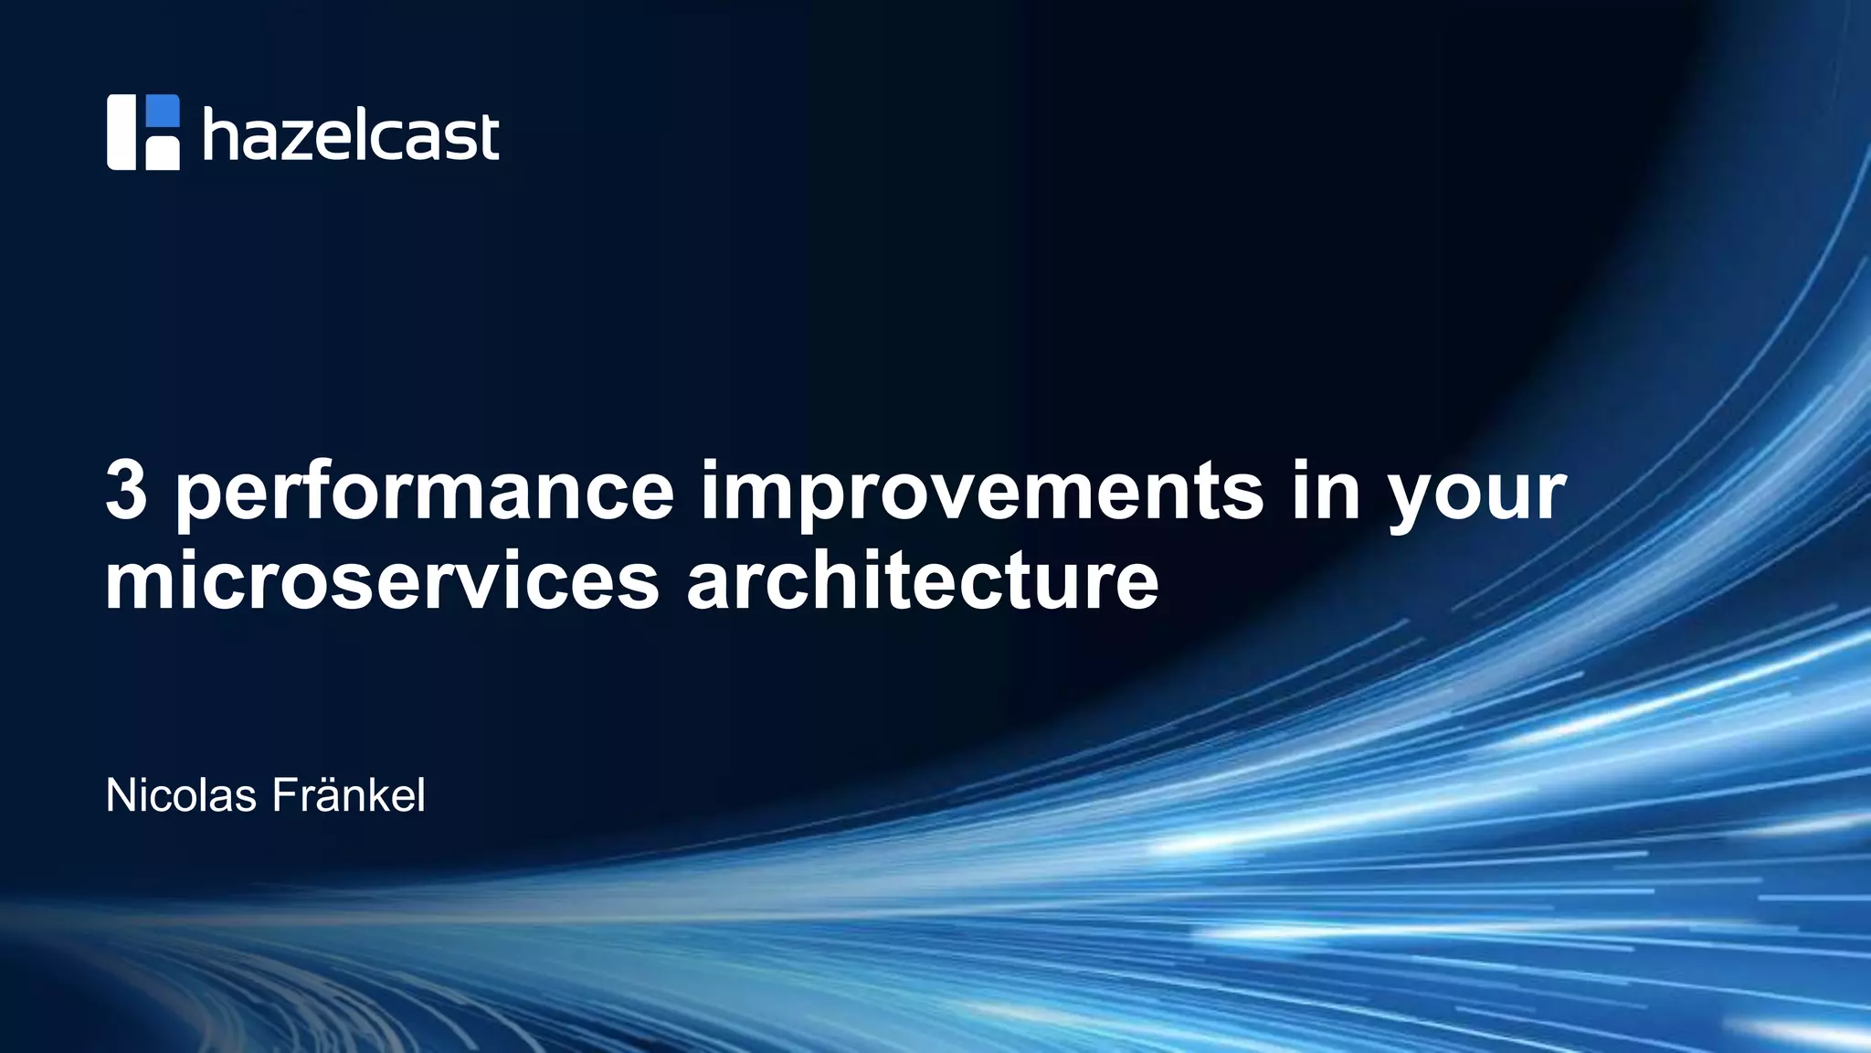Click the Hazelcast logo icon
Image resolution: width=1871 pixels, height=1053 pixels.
click(x=143, y=133)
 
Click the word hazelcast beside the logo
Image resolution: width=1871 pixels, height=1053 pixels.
click(x=351, y=135)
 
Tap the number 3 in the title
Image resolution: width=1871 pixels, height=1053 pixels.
click(x=126, y=491)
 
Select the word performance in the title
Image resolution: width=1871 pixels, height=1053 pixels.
click(x=424, y=494)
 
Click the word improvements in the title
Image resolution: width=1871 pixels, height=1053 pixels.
click(x=981, y=494)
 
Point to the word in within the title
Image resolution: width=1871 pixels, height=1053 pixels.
click(x=1325, y=491)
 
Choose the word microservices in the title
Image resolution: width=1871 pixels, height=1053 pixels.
click(x=382, y=581)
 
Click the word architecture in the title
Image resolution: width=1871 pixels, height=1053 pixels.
click(x=922, y=581)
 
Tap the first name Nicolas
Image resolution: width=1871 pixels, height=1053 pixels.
click(x=181, y=795)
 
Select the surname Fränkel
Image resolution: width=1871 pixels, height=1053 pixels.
click(x=348, y=795)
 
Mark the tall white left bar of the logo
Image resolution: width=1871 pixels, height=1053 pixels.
click(x=121, y=133)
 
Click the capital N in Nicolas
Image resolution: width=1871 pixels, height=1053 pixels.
click(x=119, y=795)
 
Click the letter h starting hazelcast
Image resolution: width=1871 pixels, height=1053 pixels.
click(x=219, y=133)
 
